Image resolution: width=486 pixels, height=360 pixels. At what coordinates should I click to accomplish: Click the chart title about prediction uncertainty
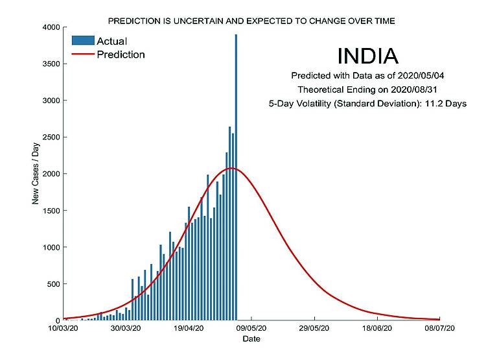click(x=251, y=21)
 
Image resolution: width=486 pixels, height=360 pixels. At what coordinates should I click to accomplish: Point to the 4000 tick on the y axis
click(x=51, y=27)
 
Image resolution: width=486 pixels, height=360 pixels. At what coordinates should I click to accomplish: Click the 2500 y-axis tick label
click(x=51, y=138)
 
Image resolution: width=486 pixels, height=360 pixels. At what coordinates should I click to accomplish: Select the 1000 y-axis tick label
click(x=51, y=247)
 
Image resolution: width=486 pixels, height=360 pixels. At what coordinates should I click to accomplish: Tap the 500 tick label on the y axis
click(x=54, y=284)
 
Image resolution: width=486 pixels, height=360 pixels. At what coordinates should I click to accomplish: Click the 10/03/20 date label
click(x=64, y=329)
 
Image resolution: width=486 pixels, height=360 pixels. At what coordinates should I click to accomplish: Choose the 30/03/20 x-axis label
click(x=126, y=329)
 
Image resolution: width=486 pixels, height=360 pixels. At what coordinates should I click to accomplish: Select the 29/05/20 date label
click(x=315, y=329)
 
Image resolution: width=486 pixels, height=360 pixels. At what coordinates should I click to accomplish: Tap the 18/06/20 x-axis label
click(x=378, y=329)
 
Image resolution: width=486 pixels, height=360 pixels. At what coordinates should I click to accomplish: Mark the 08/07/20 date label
click(x=441, y=329)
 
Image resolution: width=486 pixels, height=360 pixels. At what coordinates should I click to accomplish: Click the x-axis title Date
click(x=251, y=339)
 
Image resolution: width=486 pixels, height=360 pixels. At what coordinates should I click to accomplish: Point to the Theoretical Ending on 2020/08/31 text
click(x=367, y=90)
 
